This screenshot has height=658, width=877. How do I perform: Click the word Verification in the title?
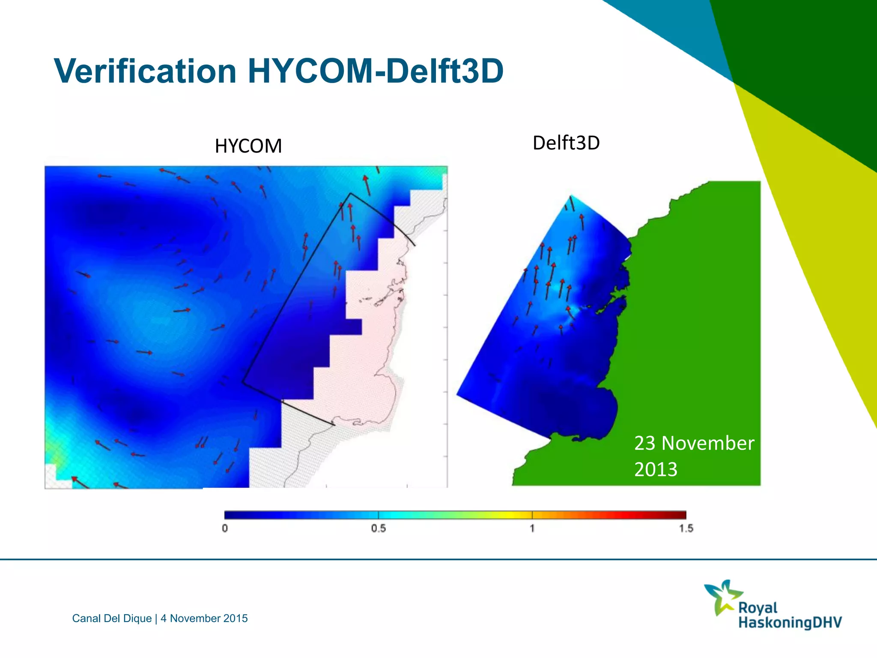pos(146,71)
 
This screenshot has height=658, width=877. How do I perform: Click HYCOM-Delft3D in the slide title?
pos(376,71)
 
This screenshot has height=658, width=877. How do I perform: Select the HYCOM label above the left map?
pos(248,146)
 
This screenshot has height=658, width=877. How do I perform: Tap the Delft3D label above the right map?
pos(566,143)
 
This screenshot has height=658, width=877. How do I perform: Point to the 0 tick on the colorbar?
pos(225,528)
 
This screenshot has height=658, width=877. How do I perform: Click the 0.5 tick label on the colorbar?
pos(379,528)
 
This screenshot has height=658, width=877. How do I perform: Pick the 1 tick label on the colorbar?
pos(532,528)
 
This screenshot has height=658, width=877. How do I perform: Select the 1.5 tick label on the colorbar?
pos(686,528)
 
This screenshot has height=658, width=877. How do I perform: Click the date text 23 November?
pos(694,443)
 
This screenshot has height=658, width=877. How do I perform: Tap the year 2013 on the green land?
pos(656,470)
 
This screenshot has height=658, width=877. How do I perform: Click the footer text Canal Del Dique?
pos(112,618)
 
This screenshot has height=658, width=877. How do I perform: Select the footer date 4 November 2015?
pos(204,618)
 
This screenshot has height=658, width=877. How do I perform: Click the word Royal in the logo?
pos(758,607)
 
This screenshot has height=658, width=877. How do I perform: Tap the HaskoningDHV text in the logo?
pos(790,622)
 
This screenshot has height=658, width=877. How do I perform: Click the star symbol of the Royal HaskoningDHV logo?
pos(723,597)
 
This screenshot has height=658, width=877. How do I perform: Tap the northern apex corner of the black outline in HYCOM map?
pos(351,194)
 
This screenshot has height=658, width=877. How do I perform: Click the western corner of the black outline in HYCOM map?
pos(243,382)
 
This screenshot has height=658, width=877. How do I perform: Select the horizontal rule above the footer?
pos(438,559)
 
